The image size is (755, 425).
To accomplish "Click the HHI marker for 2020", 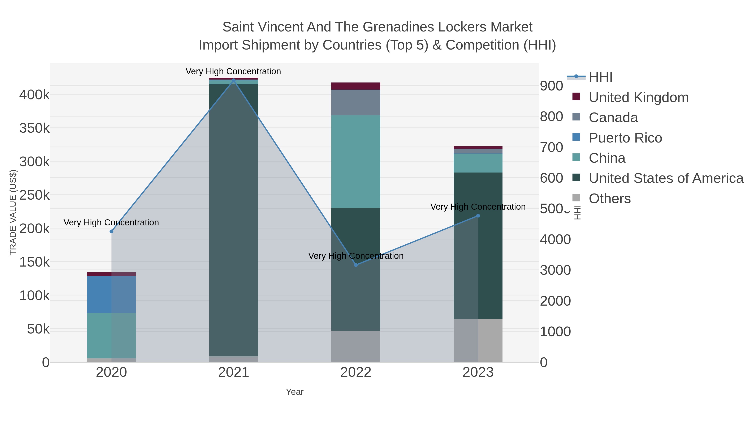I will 111,231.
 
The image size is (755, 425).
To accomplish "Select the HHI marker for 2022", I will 356,265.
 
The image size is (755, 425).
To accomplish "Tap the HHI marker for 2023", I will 478,216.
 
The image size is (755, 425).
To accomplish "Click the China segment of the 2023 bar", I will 478,163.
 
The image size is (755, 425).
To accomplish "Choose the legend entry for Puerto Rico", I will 625,138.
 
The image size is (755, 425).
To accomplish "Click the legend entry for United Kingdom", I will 638,97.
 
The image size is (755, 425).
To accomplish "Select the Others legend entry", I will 610,199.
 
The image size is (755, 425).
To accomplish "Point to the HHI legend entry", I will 600,77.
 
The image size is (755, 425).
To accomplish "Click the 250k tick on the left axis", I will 34,195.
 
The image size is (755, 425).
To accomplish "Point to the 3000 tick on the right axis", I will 555,270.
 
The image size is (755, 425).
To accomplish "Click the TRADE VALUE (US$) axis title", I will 13,212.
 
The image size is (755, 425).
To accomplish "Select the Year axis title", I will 295,392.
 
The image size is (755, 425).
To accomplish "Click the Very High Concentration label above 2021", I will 233,71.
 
